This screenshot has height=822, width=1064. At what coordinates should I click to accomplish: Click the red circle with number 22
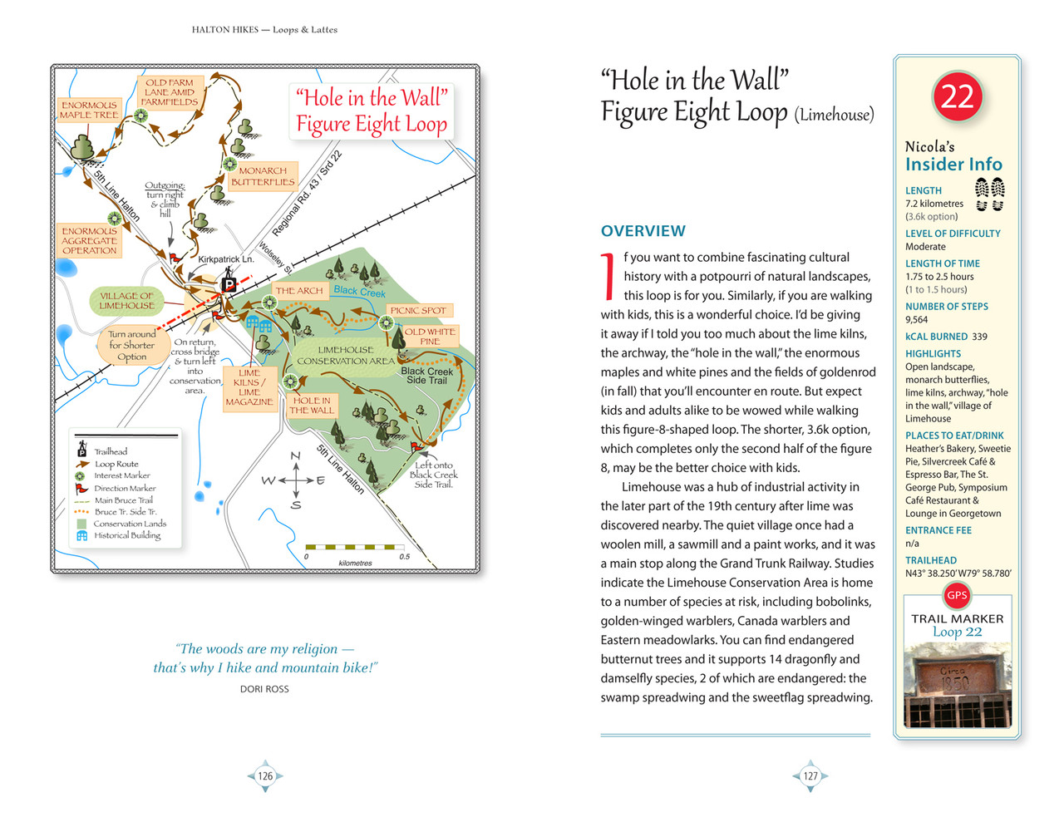click(957, 96)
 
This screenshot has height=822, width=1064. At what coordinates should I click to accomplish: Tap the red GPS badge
click(957, 595)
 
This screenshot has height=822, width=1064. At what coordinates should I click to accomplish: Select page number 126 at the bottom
click(265, 776)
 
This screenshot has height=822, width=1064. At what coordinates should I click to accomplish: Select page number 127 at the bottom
click(810, 776)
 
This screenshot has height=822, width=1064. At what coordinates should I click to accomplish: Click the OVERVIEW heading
click(643, 231)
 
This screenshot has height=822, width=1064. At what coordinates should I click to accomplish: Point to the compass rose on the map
click(295, 480)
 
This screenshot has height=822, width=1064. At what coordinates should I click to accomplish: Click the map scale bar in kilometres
click(355, 548)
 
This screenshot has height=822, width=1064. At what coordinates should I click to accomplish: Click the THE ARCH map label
click(298, 291)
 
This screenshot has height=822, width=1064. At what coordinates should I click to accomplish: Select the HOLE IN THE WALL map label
click(312, 406)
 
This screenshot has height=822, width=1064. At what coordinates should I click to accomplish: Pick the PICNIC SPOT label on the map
click(418, 310)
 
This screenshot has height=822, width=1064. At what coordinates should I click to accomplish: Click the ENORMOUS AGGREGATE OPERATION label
click(90, 240)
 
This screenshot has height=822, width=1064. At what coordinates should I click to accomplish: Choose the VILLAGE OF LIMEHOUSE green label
click(126, 301)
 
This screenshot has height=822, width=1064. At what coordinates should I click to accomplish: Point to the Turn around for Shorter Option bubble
click(131, 346)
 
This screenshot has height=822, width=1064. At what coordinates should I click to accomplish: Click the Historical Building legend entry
click(127, 535)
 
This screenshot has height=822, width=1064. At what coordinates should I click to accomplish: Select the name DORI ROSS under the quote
click(264, 689)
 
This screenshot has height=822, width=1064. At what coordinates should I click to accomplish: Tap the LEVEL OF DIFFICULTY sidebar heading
click(953, 234)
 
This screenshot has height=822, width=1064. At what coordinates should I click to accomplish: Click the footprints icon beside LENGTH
click(989, 194)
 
